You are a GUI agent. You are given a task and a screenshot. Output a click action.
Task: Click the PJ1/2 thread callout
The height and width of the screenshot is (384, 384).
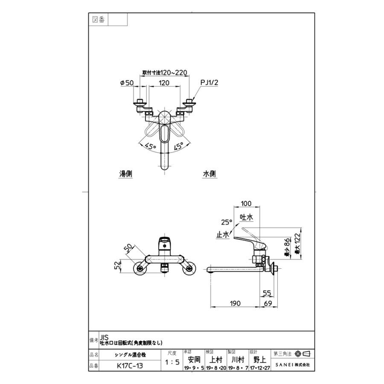coord(209,83)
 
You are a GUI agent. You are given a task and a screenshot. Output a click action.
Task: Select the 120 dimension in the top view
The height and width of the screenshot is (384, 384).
coord(164,83)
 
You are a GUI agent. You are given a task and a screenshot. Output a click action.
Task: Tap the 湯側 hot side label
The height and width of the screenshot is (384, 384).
coord(125,174)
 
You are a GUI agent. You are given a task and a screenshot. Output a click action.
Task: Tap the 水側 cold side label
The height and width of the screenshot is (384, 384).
coord(209,174)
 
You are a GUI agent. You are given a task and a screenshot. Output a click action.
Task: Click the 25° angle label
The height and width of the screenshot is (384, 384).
coord(227,222)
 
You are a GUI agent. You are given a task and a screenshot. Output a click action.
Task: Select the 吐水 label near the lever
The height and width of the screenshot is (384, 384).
coord(246,217)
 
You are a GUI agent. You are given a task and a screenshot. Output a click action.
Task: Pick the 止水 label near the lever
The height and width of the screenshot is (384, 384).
coord(223,234)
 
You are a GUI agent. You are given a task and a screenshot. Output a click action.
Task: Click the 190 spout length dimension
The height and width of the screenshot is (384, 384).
coord(235,303)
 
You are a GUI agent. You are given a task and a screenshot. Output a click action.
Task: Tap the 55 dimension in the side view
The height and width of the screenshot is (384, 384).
coord(267,293)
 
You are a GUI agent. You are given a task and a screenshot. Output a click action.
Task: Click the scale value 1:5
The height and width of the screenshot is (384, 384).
coord(172,362)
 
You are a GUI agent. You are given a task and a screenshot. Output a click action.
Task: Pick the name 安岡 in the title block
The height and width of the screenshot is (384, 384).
coord(194,359)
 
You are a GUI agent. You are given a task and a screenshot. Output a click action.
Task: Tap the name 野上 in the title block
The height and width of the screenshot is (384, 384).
coord(260,359)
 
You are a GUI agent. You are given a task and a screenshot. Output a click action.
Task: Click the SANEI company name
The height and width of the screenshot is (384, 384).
coord(293,365)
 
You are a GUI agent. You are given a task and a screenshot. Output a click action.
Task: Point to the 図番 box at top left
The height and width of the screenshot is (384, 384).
coord(99,19)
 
